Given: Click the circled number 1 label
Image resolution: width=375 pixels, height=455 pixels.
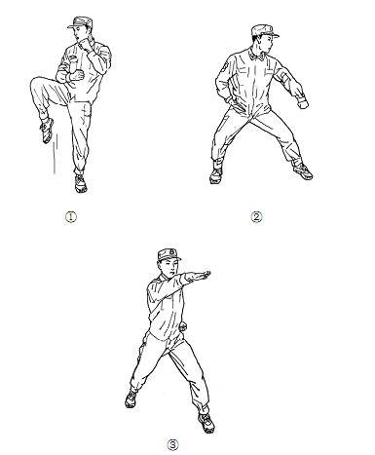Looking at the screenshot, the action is (x=71, y=217).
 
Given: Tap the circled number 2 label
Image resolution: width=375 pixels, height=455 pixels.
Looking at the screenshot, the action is (x=256, y=217).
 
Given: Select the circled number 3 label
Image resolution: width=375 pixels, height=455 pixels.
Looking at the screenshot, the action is (x=172, y=445).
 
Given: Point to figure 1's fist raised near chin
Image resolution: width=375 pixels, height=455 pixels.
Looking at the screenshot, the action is (x=86, y=44).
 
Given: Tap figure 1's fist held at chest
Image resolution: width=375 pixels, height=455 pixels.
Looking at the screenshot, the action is (x=77, y=75).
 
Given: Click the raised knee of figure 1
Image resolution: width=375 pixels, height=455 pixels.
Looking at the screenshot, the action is (x=35, y=83).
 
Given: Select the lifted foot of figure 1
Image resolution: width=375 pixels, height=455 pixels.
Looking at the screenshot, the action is (x=47, y=131).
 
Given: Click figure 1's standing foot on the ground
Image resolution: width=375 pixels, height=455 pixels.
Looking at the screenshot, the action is (x=80, y=183).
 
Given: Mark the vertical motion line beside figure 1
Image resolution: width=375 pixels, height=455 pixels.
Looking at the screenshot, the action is (x=55, y=154).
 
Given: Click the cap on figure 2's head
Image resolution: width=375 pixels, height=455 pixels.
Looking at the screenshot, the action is (x=264, y=30).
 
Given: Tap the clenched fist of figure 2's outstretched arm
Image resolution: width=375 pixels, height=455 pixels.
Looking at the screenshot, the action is (x=303, y=104).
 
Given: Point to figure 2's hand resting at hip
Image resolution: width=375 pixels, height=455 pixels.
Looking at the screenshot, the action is (x=230, y=98).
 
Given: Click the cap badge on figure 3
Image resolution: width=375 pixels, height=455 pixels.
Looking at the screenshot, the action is (x=171, y=252).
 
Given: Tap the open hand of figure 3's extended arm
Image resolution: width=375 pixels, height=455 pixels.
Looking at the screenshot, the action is (x=203, y=275).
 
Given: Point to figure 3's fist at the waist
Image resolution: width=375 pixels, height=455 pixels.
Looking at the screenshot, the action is (x=183, y=325).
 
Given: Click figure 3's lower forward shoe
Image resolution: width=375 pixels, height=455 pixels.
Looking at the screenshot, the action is (x=206, y=423).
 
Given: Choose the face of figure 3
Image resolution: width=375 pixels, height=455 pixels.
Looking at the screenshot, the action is (x=169, y=269).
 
